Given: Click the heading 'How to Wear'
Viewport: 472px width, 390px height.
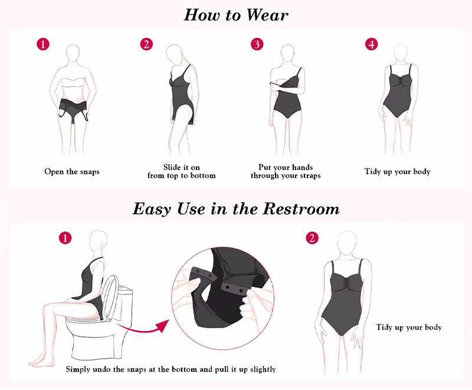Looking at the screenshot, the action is click(236, 15).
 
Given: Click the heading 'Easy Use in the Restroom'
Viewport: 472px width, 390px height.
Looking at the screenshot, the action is click(237, 209).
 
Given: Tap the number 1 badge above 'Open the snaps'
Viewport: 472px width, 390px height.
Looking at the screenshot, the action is click(43, 44).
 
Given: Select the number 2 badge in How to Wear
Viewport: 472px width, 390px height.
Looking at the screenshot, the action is click(146, 44).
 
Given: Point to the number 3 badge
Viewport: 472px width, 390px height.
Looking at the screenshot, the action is click(257, 44).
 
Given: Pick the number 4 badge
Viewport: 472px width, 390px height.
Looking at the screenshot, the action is click(372, 44).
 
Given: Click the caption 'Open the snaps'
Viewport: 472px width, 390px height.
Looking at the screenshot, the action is click(72, 172).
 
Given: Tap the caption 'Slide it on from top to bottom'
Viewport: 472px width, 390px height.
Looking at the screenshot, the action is click(182, 171).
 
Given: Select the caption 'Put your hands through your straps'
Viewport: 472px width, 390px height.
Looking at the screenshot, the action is click(286, 171).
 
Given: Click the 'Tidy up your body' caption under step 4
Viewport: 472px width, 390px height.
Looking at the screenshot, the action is click(397, 172).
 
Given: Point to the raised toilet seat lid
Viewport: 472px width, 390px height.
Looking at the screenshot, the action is click(110, 297).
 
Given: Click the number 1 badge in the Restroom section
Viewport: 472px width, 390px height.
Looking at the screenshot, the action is click(65, 238).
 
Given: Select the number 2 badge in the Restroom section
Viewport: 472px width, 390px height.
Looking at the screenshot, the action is click(312, 238).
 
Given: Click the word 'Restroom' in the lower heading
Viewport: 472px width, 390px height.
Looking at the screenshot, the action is click(301, 209).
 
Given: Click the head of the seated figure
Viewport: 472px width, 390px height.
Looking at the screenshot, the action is click(98, 240).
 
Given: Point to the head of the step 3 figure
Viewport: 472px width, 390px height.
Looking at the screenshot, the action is click(287, 53).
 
